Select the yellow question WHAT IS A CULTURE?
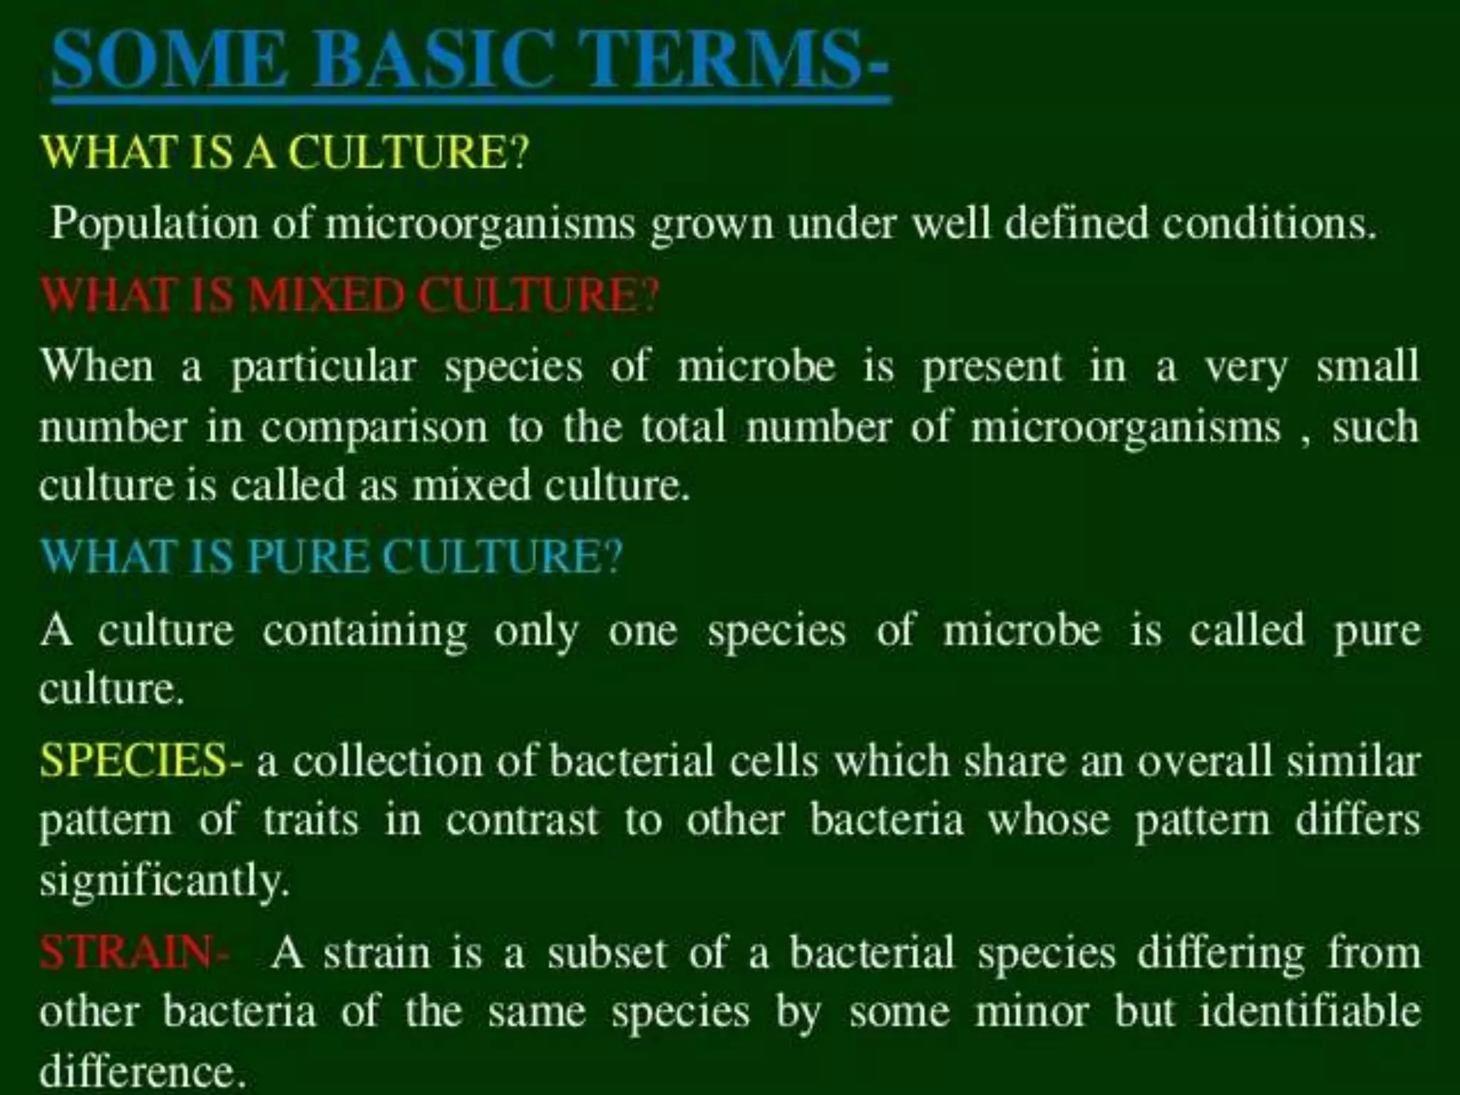tap(285, 152)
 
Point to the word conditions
tap(1269, 224)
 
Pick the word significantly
tap(164, 881)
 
